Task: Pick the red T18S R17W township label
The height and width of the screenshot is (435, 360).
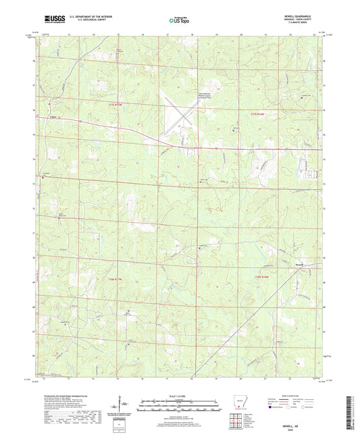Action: pyautogui.click(x=118, y=278)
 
